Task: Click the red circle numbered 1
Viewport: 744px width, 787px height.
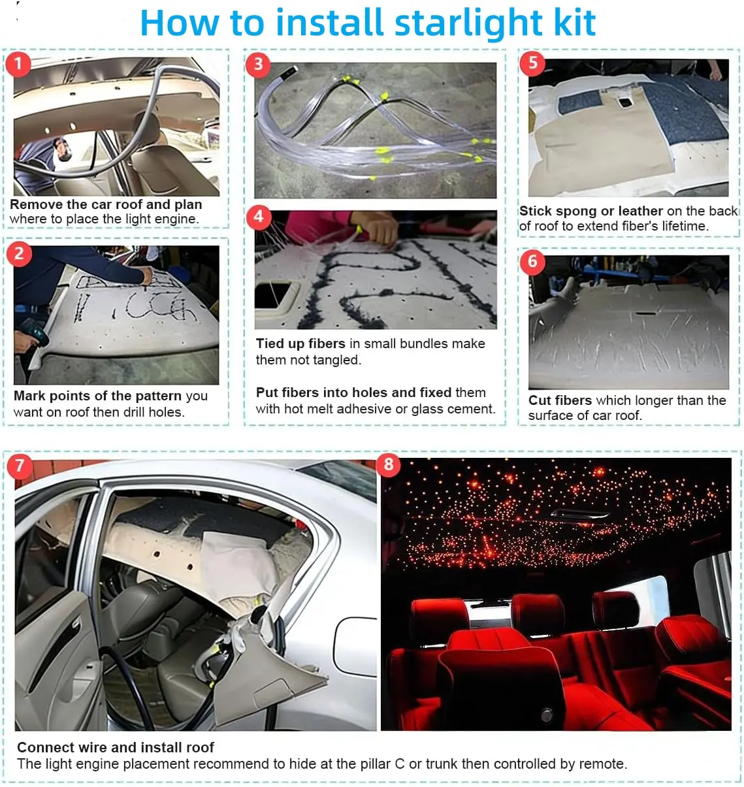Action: point(18,63)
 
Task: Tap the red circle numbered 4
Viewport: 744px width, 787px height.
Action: point(259,217)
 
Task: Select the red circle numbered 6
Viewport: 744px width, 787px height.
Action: point(532,262)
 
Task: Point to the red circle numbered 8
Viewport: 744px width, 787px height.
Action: point(388,465)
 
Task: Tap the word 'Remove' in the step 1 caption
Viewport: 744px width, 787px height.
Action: point(37,204)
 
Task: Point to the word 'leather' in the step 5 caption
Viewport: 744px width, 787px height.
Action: point(641,210)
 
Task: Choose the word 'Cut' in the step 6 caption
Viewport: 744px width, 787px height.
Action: point(540,400)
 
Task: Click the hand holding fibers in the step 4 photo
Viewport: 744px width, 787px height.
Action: point(374,227)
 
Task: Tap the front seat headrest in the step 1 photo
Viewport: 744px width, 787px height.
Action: point(148,127)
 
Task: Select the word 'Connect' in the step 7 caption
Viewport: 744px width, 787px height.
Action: point(46,747)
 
